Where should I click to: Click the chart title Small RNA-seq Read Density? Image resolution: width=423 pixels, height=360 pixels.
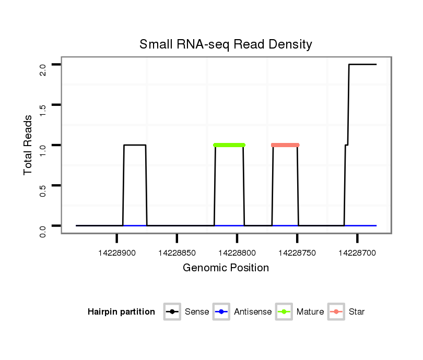(x=226, y=44)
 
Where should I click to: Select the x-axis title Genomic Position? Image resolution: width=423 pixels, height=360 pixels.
(x=226, y=268)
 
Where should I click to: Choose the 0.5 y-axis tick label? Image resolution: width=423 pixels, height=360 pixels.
(x=43, y=189)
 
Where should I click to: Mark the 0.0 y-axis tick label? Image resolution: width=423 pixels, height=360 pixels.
(x=43, y=230)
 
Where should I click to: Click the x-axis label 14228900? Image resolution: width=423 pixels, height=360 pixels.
(x=116, y=253)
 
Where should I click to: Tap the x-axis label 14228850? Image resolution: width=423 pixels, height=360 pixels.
(x=177, y=253)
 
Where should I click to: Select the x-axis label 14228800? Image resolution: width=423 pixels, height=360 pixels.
(x=237, y=253)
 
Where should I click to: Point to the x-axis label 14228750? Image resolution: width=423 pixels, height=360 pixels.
(x=297, y=253)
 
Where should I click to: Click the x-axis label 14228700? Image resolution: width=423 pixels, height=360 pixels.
(x=357, y=253)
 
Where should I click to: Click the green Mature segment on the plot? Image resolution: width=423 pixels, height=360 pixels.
(x=229, y=145)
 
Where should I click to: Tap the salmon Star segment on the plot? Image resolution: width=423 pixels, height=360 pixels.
(x=285, y=145)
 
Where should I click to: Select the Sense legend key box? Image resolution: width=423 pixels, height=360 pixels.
(x=172, y=312)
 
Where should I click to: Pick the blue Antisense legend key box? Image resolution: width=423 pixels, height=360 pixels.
(x=221, y=312)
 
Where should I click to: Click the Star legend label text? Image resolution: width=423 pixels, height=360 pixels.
(x=357, y=312)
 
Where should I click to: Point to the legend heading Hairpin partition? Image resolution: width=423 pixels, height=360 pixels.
(x=121, y=312)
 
